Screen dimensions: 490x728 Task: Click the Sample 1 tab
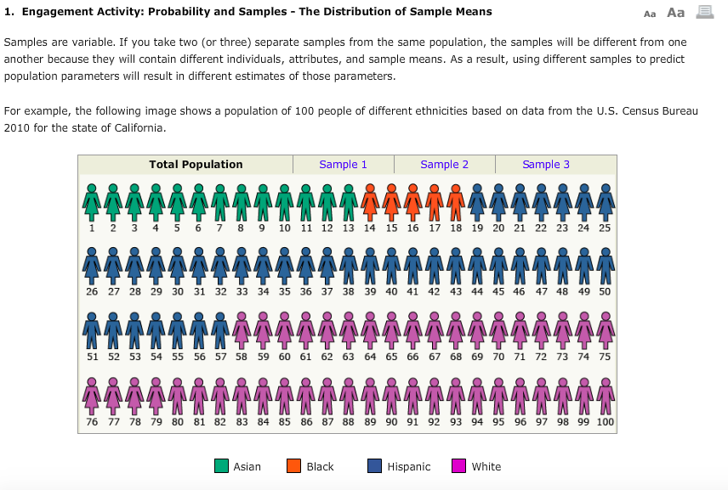343,165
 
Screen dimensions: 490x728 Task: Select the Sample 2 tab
444,165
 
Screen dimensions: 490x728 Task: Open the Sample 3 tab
546,165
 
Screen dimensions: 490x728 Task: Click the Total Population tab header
196,165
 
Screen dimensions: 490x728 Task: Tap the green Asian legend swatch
221,466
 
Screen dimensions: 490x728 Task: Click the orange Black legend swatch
293,466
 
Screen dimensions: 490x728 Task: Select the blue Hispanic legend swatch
374,466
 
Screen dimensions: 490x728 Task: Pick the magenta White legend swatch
458,466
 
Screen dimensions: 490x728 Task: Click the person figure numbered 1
92,202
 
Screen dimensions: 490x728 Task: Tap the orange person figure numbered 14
369,202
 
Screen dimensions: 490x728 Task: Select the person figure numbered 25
605,202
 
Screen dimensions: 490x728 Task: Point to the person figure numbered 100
605,393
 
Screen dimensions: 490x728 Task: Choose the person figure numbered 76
92,393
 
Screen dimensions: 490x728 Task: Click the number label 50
605,292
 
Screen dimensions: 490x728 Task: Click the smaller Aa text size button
650,14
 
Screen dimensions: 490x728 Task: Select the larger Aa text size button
675,13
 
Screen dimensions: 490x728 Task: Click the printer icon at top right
704,13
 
